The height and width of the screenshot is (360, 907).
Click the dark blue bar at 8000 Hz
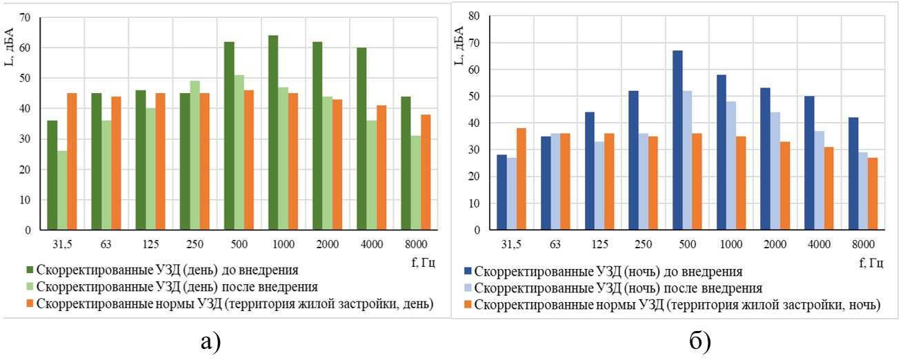(x=853, y=174)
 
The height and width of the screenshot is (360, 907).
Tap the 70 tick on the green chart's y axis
(x=27, y=17)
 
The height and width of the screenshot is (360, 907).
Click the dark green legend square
(x=30, y=269)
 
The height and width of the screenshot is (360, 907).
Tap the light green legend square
(x=30, y=286)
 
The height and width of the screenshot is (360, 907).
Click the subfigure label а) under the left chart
(x=209, y=340)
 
